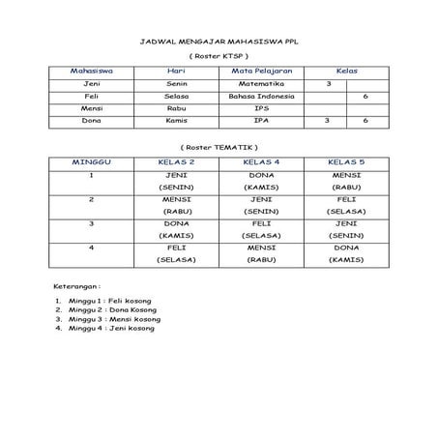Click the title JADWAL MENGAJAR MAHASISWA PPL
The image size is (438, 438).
coord(218,44)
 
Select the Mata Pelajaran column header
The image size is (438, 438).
coord(261,72)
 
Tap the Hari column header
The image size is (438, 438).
coord(176,72)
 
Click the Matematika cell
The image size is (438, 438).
coord(261,84)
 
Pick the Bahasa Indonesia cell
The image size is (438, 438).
coord(261,97)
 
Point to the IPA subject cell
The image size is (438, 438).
coord(261,121)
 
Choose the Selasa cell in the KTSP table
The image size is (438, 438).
coord(176,97)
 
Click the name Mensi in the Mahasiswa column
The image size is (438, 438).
coord(93,108)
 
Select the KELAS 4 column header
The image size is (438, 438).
coord(261,161)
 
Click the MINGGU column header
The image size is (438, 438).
coord(92,161)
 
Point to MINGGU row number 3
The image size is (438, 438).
coord(92,223)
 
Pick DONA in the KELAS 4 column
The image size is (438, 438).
coord(261,175)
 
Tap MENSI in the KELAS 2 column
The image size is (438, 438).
coord(177,199)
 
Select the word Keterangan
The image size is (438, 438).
coord(74,287)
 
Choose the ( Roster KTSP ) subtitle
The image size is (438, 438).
coord(218,57)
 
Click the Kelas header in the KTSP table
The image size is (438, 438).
coord(345,72)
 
